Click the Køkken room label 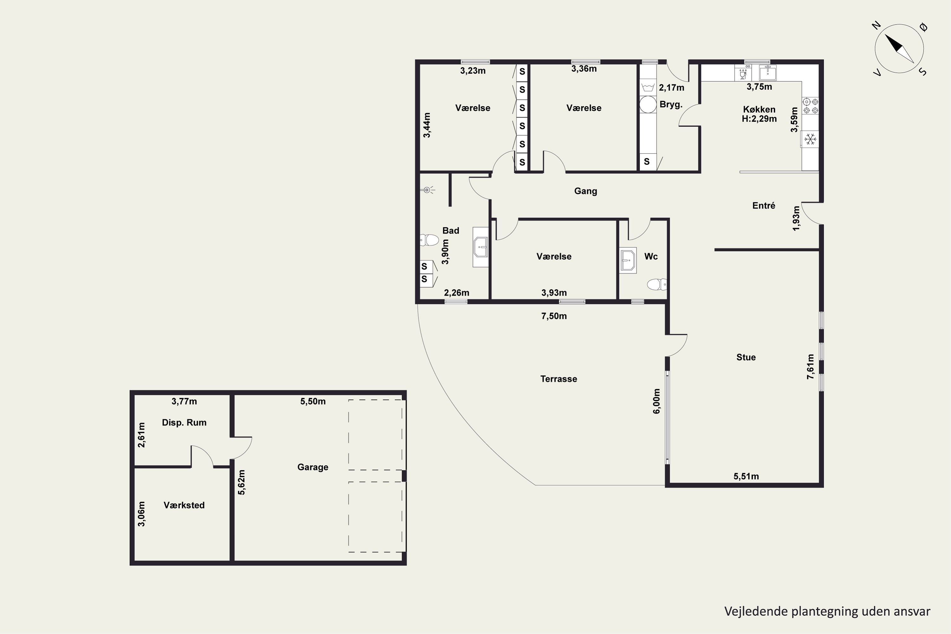click(759, 109)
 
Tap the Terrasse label click(558, 379)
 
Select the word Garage click(313, 467)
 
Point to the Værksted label click(184, 505)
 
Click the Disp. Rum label click(184, 423)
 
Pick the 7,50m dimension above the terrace click(554, 316)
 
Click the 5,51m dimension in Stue click(746, 476)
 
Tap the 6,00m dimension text click(657, 401)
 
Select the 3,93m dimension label click(554, 293)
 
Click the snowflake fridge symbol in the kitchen click(810, 139)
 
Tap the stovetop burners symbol click(810, 106)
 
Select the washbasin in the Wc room click(628, 260)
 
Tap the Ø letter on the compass click(923, 27)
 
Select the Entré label click(763, 205)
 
